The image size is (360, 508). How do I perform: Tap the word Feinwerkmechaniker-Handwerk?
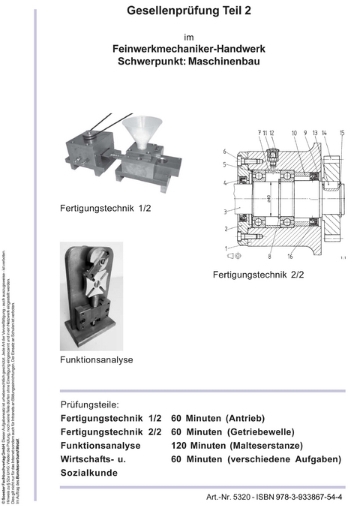pyautogui.click(x=188, y=49)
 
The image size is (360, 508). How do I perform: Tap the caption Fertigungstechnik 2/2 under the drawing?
pyautogui.click(x=258, y=275)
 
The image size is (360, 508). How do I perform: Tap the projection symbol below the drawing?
pyautogui.click(x=232, y=256)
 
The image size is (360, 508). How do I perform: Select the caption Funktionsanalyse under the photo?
pyautogui.click(x=96, y=359)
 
